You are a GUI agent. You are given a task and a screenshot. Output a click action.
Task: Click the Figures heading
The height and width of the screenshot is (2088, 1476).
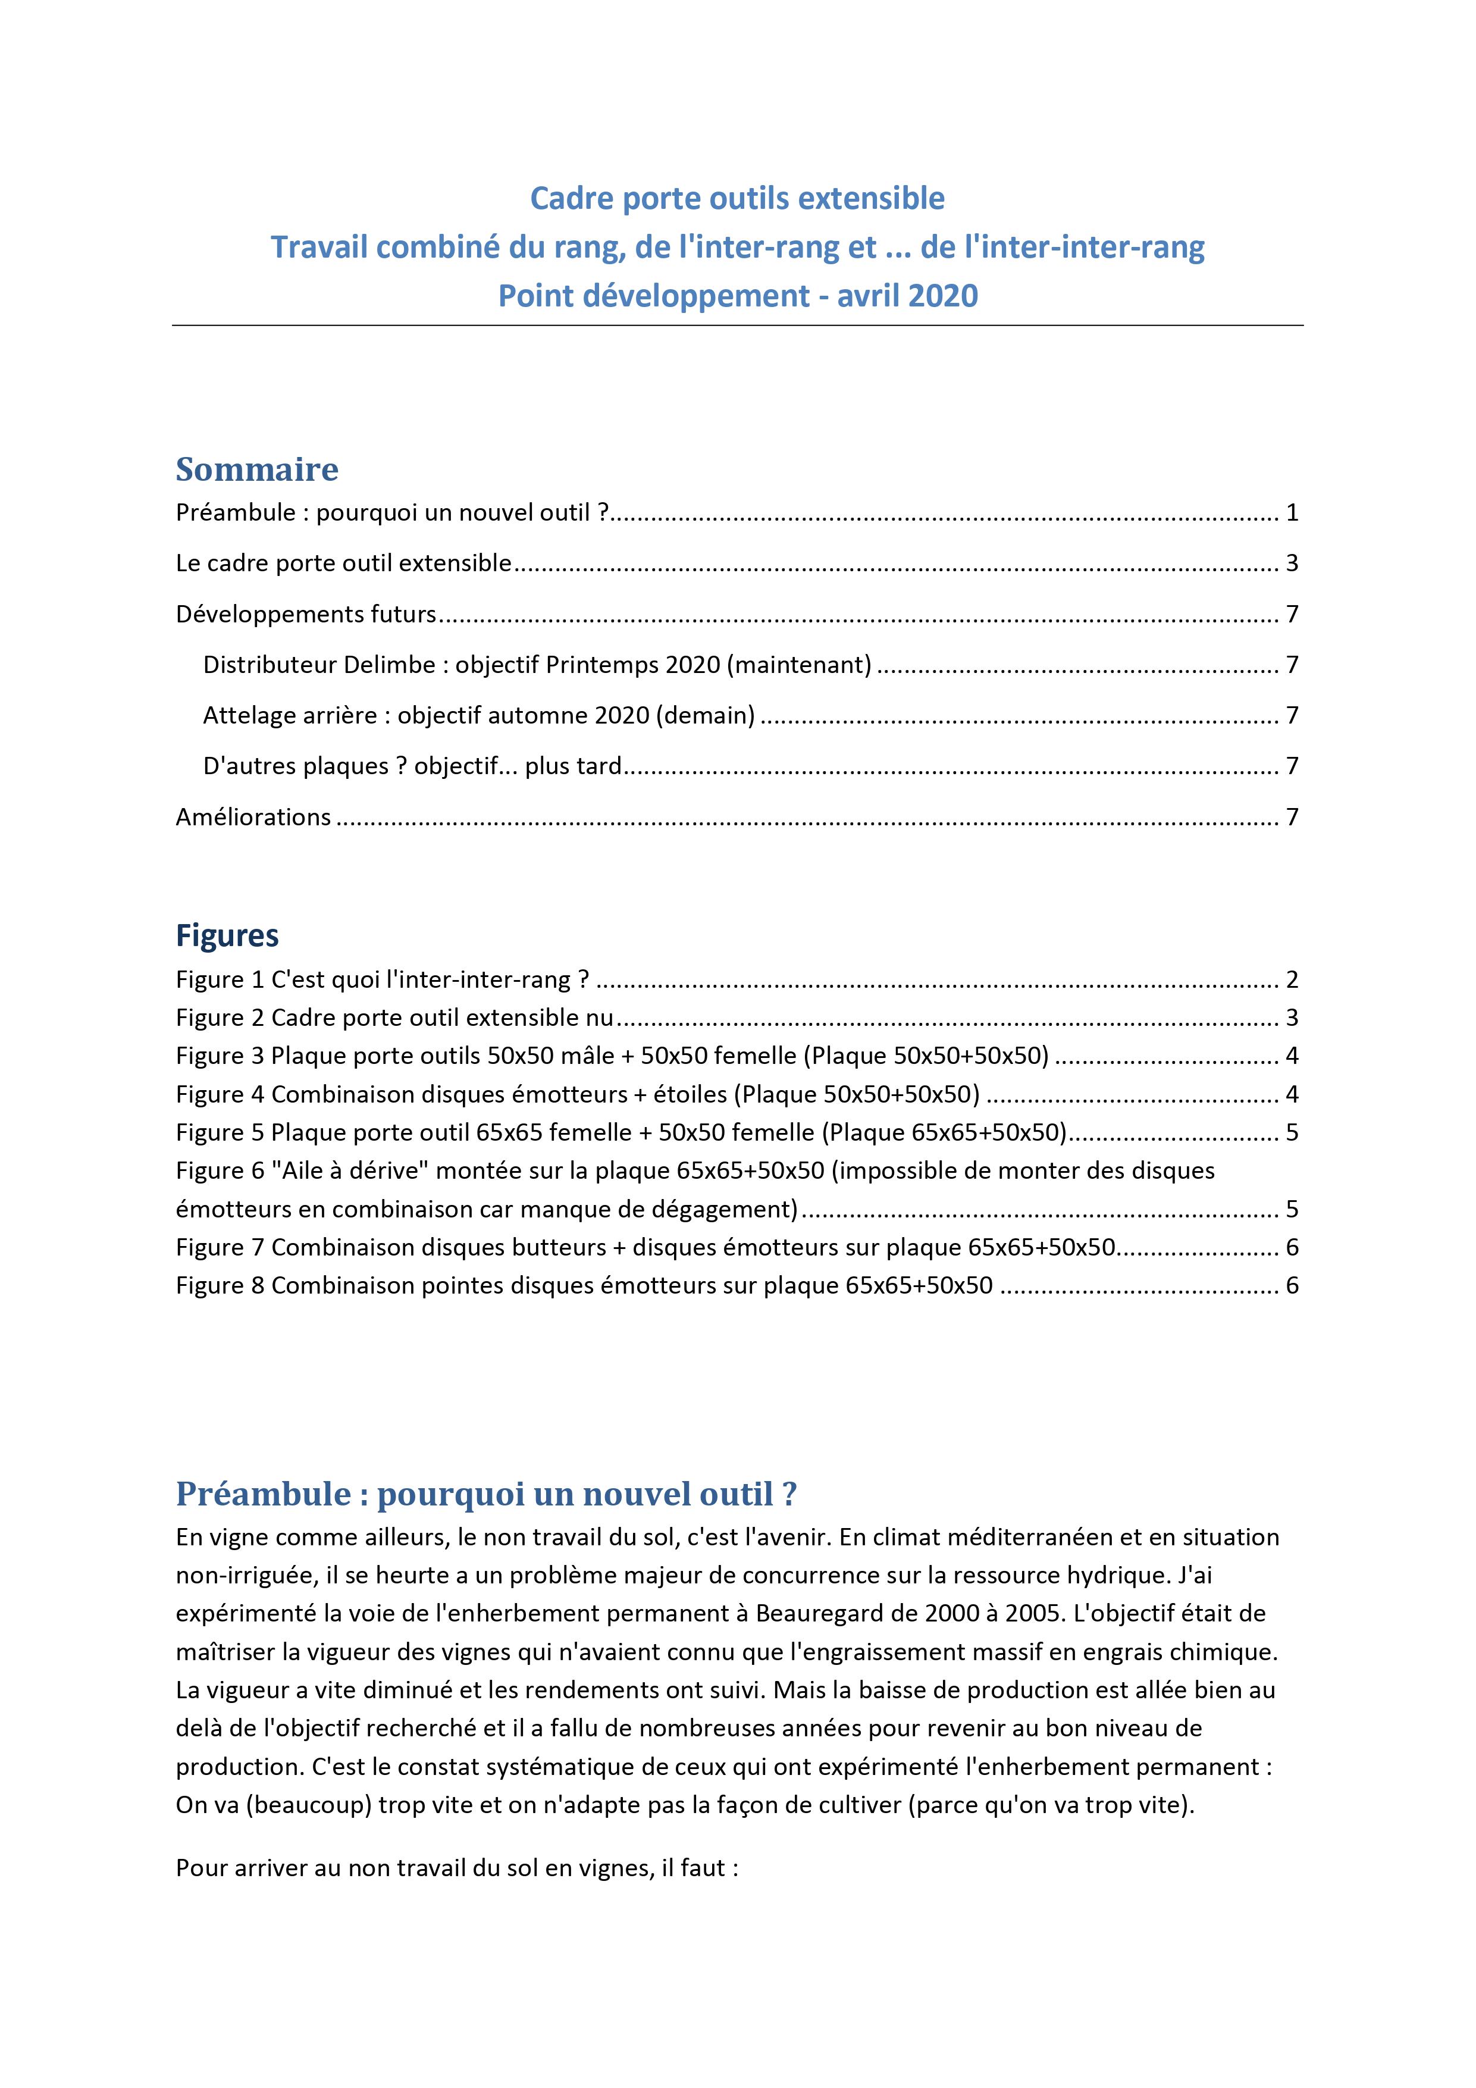click(x=227, y=936)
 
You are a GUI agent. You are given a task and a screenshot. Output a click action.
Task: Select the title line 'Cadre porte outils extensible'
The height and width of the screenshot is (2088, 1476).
click(x=738, y=198)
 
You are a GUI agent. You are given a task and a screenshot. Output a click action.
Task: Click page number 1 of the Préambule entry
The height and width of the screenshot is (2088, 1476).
click(x=1292, y=513)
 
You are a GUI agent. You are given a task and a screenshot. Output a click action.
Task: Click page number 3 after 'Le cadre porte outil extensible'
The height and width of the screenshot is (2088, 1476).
click(x=1292, y=564)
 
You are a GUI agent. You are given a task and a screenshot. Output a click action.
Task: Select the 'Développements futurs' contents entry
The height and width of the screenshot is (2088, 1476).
click(x=306, y=615)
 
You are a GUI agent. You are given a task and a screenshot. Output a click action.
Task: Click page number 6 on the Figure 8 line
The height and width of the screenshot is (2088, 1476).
click(x=1292, y=1286)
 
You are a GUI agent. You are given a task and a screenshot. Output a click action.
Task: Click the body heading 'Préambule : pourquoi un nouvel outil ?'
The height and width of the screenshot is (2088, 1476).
click(x=487, y=1494)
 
